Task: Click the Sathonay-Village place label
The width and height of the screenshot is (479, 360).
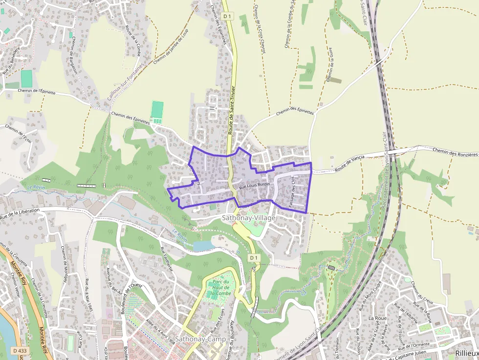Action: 249,218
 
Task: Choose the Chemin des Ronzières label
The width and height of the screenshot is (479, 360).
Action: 455,153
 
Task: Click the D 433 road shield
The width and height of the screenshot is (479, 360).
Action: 20,350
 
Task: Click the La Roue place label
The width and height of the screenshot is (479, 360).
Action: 377,318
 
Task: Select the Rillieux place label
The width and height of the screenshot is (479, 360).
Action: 466,353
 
